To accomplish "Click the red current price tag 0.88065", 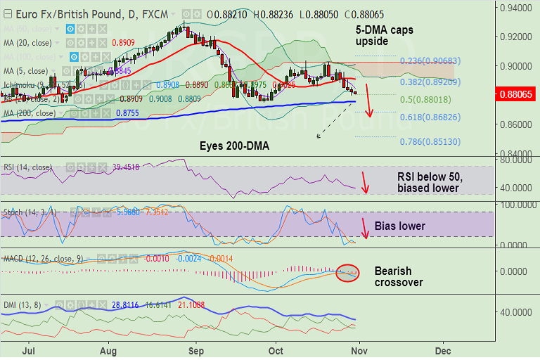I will (519, 94).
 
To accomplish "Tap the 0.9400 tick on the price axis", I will (516, 7).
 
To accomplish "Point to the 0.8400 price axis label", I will (516, 154).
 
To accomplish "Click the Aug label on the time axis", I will (108, 349).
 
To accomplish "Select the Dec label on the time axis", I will (443, 349).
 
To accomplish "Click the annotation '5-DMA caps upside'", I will (385, 37).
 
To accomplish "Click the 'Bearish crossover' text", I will (399, 276).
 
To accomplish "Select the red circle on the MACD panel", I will (347, 272).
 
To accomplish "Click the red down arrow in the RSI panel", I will (364, 182).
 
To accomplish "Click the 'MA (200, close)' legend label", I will (30, 112).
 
